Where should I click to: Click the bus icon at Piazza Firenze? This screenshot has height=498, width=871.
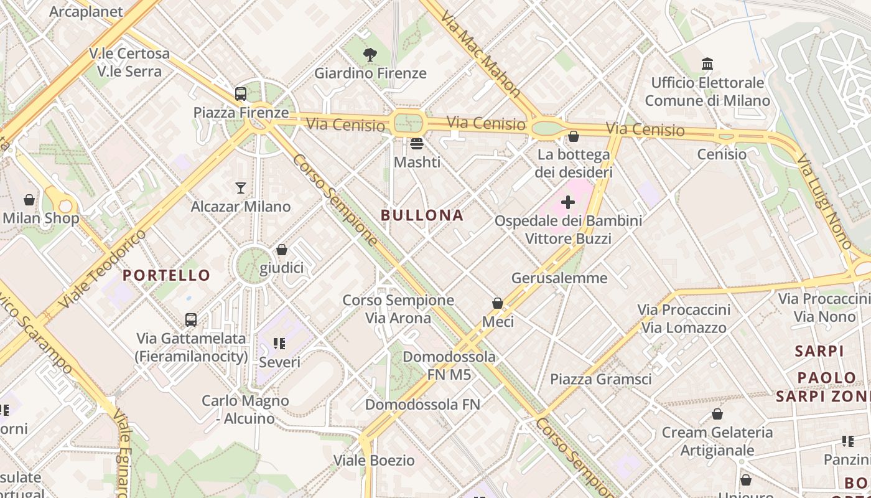(241, 94)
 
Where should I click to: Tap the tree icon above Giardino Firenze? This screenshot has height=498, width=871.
(370, 55)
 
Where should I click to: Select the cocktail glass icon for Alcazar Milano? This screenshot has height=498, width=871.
(241, 187)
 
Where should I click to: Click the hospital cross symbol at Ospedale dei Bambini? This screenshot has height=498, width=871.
(568, 202)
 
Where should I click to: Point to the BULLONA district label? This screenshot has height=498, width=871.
(422, 215)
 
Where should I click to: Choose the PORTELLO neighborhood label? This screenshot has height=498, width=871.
(167, 275)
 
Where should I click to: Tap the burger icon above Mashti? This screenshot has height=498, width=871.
(417, 144)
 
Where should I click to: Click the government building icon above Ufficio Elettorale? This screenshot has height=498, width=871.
(707, 63)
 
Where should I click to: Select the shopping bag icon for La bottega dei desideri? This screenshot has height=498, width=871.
(574, 136)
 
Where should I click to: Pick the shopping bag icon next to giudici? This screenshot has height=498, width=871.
(282, 250)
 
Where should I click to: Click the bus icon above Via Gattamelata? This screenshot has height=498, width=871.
(191, 320)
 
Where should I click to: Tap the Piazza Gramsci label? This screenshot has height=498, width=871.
(601, 379)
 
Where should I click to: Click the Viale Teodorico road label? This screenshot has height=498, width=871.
(103, 269)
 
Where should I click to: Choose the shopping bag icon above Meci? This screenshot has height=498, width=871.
(498, 303)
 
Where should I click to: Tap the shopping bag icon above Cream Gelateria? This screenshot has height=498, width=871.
(717, 414)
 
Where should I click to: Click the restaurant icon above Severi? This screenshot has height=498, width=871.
(279, 343)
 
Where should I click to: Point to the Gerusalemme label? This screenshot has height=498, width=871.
(559, 278)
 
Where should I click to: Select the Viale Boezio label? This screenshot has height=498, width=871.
(374, 461)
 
